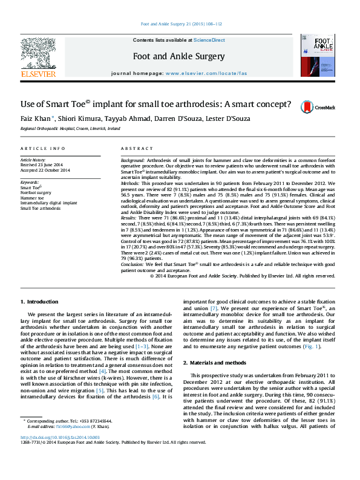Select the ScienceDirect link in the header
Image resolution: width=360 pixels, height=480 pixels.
point(209,40)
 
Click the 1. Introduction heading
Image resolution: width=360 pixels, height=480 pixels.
point(39,301)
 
